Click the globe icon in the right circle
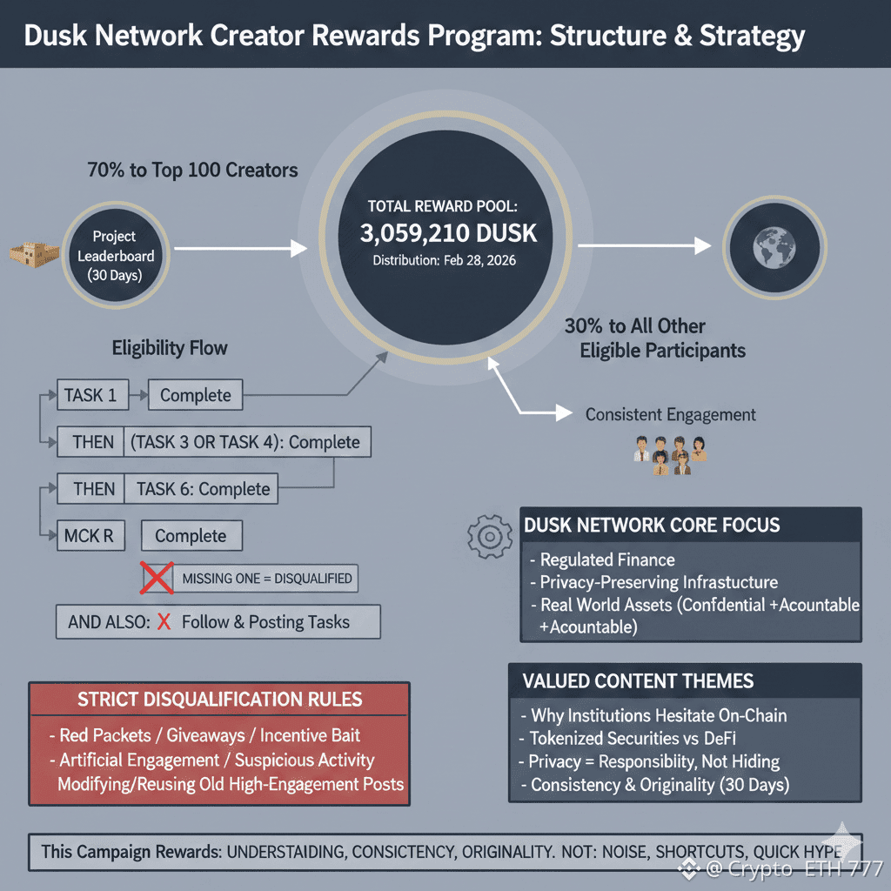(774, 247)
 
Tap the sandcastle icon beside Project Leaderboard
(35, 255)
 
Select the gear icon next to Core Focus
(489, 536)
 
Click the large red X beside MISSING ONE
(157, 578)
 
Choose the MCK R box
(90, 535)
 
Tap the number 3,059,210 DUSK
(448, 233)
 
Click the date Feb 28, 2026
(479, 260)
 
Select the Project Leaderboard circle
(116, 255)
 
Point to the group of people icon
(670, 455)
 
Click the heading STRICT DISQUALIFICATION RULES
(219, 699)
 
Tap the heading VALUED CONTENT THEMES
(638, 680)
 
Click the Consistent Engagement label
(671, 415)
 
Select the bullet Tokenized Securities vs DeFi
(627, 738)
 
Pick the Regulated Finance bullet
(602, 559)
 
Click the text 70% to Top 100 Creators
(192, 170)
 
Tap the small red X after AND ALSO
(164, 621)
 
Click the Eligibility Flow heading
(170, 348)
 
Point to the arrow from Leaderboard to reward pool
(240, 248)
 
